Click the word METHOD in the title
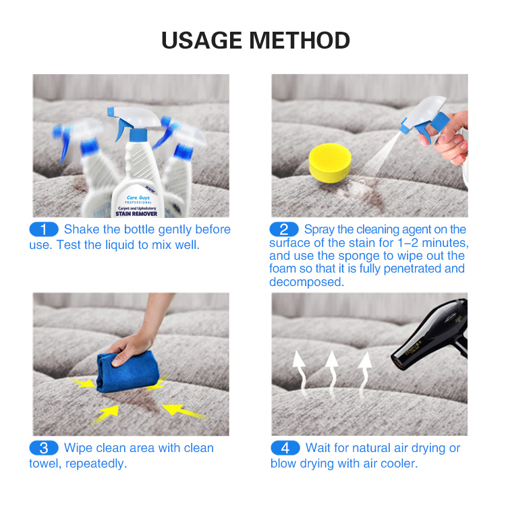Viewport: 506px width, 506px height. tap(304, 40)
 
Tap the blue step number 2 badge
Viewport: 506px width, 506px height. tap(284, 229)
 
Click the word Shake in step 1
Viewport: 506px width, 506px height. tap(81, 229)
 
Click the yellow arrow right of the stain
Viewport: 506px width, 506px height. tap(184, 410)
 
